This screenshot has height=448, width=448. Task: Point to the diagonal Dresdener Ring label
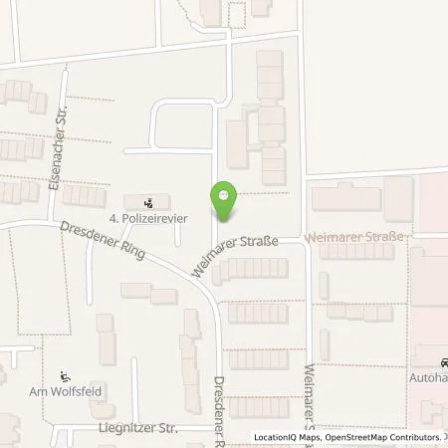point(103,240)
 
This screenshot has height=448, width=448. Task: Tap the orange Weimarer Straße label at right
point(356,237)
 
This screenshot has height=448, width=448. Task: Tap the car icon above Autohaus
point(445,362)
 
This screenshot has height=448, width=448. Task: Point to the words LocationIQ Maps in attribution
point(289,439)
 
